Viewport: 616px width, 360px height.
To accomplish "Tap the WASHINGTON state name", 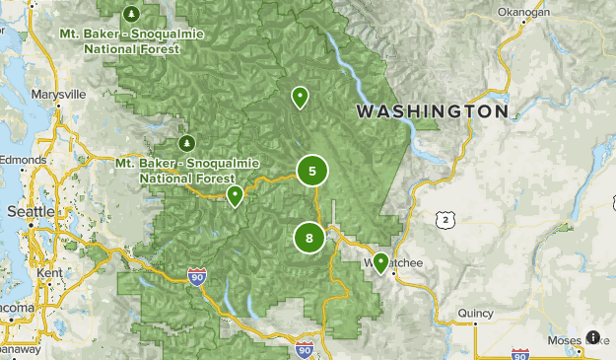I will (x=433, y=111).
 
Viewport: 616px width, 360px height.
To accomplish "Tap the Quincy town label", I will (x=475, y=315).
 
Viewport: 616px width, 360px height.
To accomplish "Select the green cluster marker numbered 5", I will (x=312, y=172).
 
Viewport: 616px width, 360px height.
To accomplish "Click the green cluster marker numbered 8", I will (x=309, y=238).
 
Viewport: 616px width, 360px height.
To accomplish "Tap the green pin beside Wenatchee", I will (x=380, y=262).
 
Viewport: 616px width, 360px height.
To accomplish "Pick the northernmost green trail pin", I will (x=299, y=96).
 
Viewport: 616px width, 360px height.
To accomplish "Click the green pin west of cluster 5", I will (x=236, y=195).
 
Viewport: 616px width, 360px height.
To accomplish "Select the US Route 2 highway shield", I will (x=447, y=218).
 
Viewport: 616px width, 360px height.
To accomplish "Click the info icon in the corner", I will (x=593, y=337).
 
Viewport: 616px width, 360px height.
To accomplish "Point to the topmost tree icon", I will (x=132, y=15).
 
